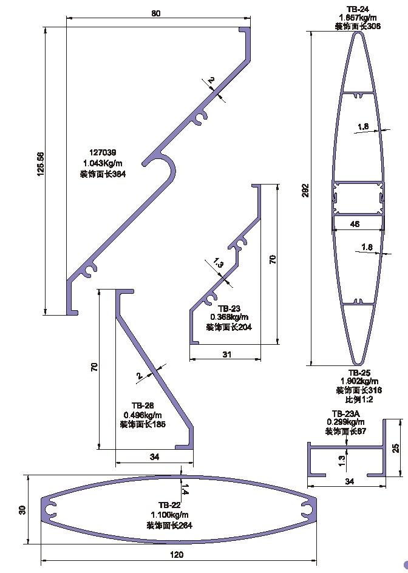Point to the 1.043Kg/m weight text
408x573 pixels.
103,163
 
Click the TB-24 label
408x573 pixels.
358,9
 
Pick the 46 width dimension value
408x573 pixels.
356,224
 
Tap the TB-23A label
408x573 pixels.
345,413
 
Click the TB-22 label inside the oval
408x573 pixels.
169,505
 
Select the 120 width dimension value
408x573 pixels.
176,554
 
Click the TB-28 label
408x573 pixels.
143,405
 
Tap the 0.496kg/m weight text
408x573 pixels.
143,415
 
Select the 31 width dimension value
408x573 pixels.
227,354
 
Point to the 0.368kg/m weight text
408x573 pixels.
229,317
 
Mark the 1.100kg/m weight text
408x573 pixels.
169,515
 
